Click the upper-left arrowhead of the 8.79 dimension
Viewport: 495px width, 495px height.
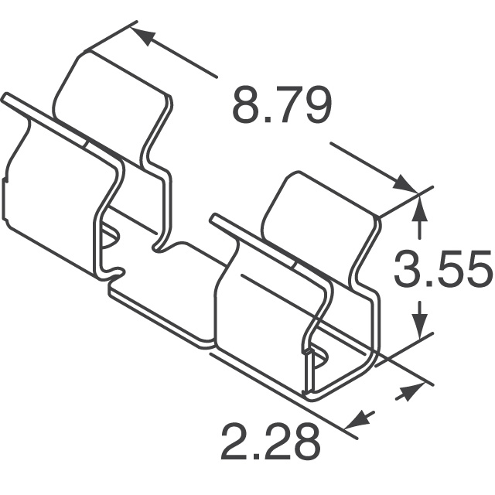pos(140,36)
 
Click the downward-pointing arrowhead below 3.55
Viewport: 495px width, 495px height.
pos(419,329)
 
